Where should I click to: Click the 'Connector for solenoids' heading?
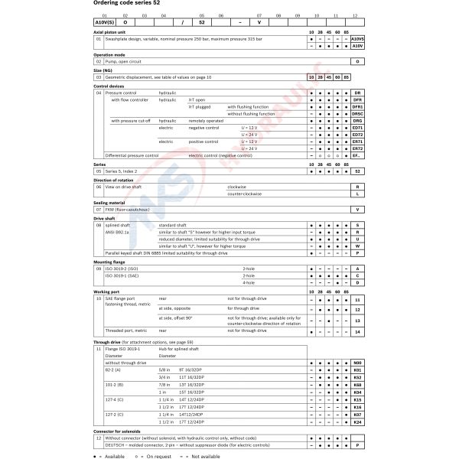tap(122, 431)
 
